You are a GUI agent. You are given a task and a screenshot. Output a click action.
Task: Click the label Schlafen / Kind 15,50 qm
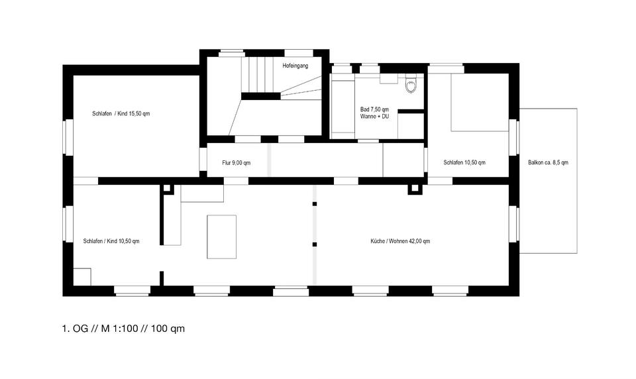tap(121, 114)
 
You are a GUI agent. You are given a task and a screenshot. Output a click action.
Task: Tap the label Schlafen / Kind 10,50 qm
tap(111, 241)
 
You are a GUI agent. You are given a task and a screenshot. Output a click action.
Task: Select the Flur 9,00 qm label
tap(236, 162)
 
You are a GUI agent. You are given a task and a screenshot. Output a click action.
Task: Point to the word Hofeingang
tap(295, 66)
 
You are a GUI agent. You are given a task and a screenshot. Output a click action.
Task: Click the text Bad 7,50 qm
tap(374, 109)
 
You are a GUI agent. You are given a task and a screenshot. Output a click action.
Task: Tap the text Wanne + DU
tap(374, 117)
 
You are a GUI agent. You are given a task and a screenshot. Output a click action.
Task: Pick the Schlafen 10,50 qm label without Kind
tap(464, 162)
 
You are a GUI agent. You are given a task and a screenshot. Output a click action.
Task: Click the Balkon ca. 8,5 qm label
tap(548, 162)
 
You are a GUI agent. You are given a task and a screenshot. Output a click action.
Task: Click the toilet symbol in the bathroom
tap(411, 85)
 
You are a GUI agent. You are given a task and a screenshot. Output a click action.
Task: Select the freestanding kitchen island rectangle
tap(222, 237)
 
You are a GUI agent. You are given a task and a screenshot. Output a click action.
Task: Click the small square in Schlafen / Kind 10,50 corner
tap(82, 276)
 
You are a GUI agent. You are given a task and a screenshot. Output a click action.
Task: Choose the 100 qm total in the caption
tap(168, 329)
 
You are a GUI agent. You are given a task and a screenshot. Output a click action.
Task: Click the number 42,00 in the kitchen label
tap(413, 241)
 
